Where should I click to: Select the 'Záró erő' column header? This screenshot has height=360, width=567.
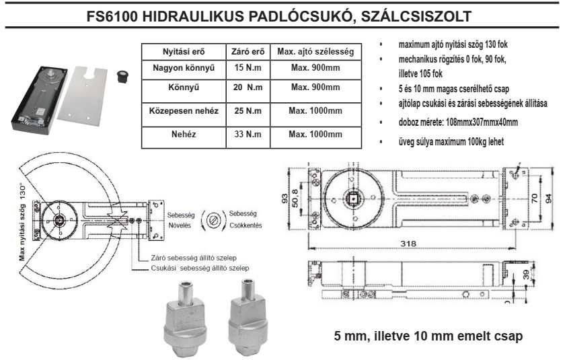click(248, 52)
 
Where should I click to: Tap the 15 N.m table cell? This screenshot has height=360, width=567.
click(248, 68)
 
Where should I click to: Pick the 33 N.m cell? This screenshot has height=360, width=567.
click(248, 134)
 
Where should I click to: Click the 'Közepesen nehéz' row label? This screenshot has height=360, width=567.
click(184, 111)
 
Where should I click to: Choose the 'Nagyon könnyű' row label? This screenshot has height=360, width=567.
click(184, 68)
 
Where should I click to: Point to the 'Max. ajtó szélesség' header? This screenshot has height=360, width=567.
click(315, 52)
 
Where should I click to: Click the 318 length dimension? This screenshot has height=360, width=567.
click(408, 244)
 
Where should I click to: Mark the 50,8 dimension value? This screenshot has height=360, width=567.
click(295, 199)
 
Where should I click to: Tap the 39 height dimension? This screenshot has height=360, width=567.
click(527, 275)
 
